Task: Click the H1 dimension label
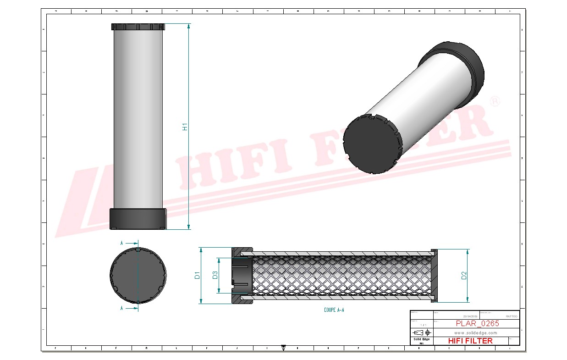click(185, 127)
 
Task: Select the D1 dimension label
click(197, 275)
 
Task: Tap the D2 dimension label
click(464, 275)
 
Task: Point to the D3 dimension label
click(215, 275)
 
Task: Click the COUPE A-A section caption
click(334, 310)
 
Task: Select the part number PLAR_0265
click(477, 323)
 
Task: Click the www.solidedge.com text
click(476, 332)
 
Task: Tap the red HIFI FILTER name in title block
click(470, 341)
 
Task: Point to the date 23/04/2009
click(470, 316)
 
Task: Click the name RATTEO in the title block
click(512, 316)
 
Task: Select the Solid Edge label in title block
click(421, 339)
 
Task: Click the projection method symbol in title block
click(421, 332)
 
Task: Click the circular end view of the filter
click(138, 275)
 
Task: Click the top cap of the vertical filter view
click(138, 27)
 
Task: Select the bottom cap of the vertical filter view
click(138, 218)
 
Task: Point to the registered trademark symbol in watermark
click(495, 102)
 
